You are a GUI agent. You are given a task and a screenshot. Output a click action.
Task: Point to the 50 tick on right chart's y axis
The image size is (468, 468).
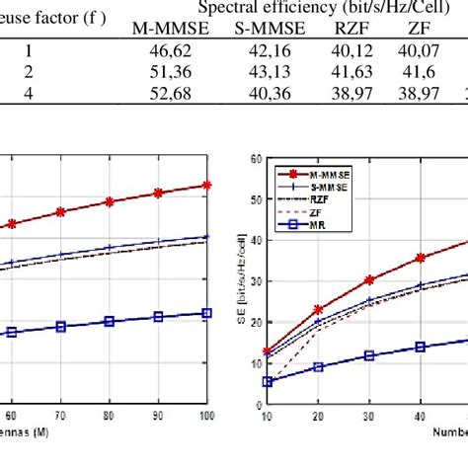(x=256, y=198)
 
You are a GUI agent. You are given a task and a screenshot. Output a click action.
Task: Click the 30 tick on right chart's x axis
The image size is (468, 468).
(x=369, y=419)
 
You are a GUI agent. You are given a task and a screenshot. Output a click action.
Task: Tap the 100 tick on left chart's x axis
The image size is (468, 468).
(x=205, y=419)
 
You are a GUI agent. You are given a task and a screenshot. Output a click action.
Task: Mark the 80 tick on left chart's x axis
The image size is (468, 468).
(x=109, y=419)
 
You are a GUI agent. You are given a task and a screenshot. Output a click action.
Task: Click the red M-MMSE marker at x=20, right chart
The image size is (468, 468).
(x=318, y=310)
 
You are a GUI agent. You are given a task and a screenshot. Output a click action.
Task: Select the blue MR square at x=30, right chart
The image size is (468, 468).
(x=369, y=355)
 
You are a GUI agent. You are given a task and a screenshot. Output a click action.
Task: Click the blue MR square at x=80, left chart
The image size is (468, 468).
(x=109, y=321)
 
